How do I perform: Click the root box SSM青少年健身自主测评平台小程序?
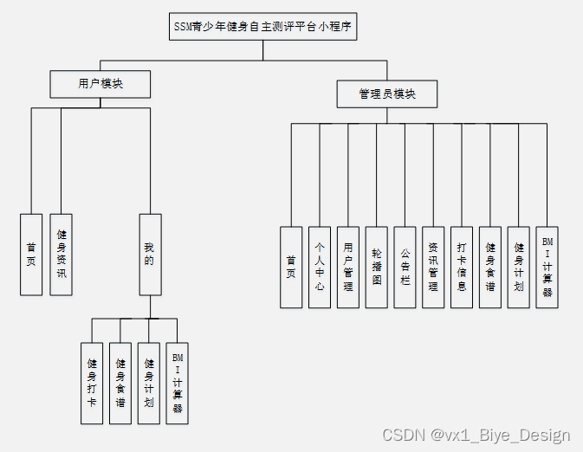point(262,26)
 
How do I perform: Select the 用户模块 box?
point(100,84)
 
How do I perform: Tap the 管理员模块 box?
point(387,94)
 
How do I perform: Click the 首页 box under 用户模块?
point(31,254)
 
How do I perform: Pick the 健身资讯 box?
point(61,254)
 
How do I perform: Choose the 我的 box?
point(150,254)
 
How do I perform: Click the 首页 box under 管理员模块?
point(291,267)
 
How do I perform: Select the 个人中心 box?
point(320,267)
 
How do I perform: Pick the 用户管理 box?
point(348,267)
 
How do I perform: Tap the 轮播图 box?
point(377,267)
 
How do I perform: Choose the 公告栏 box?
point(405,267)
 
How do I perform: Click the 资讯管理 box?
point(433,267)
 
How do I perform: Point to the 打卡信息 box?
point(462,267)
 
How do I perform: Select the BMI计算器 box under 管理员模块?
point(547,267)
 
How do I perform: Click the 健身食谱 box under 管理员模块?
point(490,267)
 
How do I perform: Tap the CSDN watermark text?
point(476,435)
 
